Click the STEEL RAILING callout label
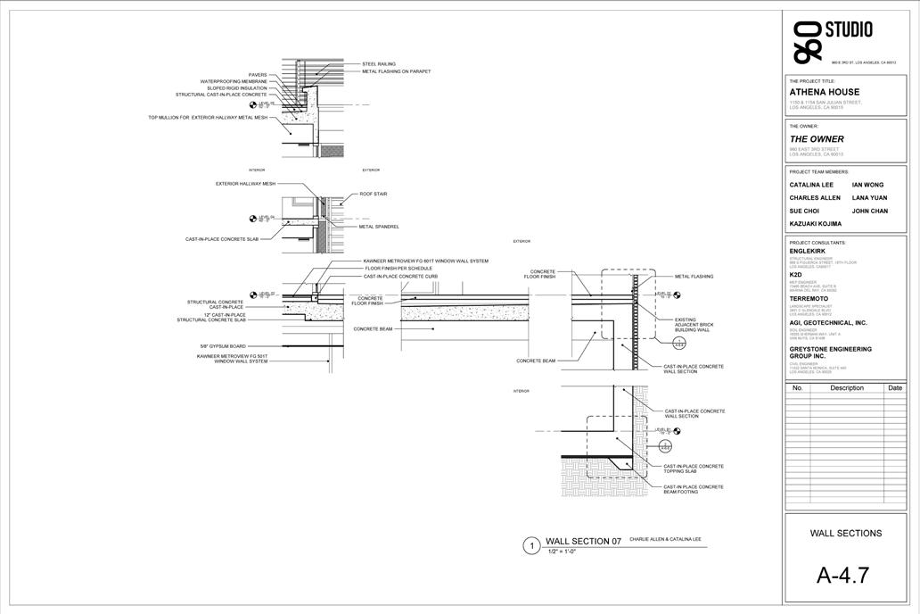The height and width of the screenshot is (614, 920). coord(379,64)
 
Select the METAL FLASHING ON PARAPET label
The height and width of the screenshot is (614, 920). coord(396,71)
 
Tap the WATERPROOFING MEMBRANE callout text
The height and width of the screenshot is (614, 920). coord(233,81)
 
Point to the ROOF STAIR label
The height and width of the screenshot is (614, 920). coord(373,194)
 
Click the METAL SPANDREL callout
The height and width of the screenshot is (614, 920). coord(379,227)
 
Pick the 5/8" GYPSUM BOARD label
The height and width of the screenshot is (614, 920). coord(223,346)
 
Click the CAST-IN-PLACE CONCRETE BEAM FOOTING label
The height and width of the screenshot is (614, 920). coord(694,489)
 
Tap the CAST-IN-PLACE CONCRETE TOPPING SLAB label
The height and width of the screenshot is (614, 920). coord(694,469)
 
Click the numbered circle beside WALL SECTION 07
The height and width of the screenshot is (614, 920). coord(531,545)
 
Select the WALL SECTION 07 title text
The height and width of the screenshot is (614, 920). coord(583,542)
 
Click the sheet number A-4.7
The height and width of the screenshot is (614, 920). coord(842,576)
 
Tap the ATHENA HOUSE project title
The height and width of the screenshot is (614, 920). coord(825,92)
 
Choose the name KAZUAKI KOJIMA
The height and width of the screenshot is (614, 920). coord(815,224)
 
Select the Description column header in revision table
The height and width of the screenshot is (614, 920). coord(846,388)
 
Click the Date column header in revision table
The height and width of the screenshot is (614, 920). coord(894,388)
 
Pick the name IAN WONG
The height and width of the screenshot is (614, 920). coord(867,185)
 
